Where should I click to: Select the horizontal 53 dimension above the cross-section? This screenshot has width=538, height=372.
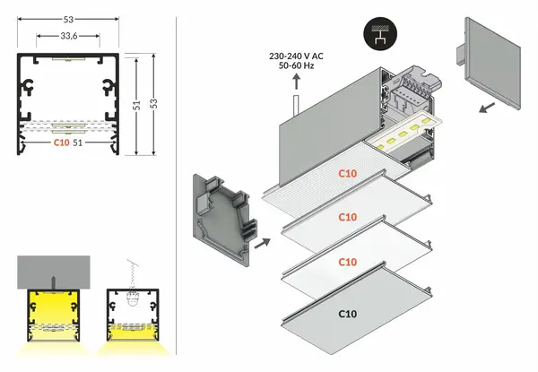click(x=68, y=17)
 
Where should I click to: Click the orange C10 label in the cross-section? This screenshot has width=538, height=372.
click(x=61, y=142)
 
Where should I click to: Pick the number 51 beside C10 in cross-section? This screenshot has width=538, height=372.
click(x=78, y=142)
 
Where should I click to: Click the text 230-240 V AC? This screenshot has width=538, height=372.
click(x=296, y=56)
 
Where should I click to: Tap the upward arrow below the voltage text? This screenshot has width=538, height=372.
click(x=296, y=83)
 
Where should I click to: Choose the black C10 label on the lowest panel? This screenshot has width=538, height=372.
click(x=348, y=313)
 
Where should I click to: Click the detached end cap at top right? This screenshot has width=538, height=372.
click(x=490, y=63)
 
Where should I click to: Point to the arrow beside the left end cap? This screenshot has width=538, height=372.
click(x=260, y=241)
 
